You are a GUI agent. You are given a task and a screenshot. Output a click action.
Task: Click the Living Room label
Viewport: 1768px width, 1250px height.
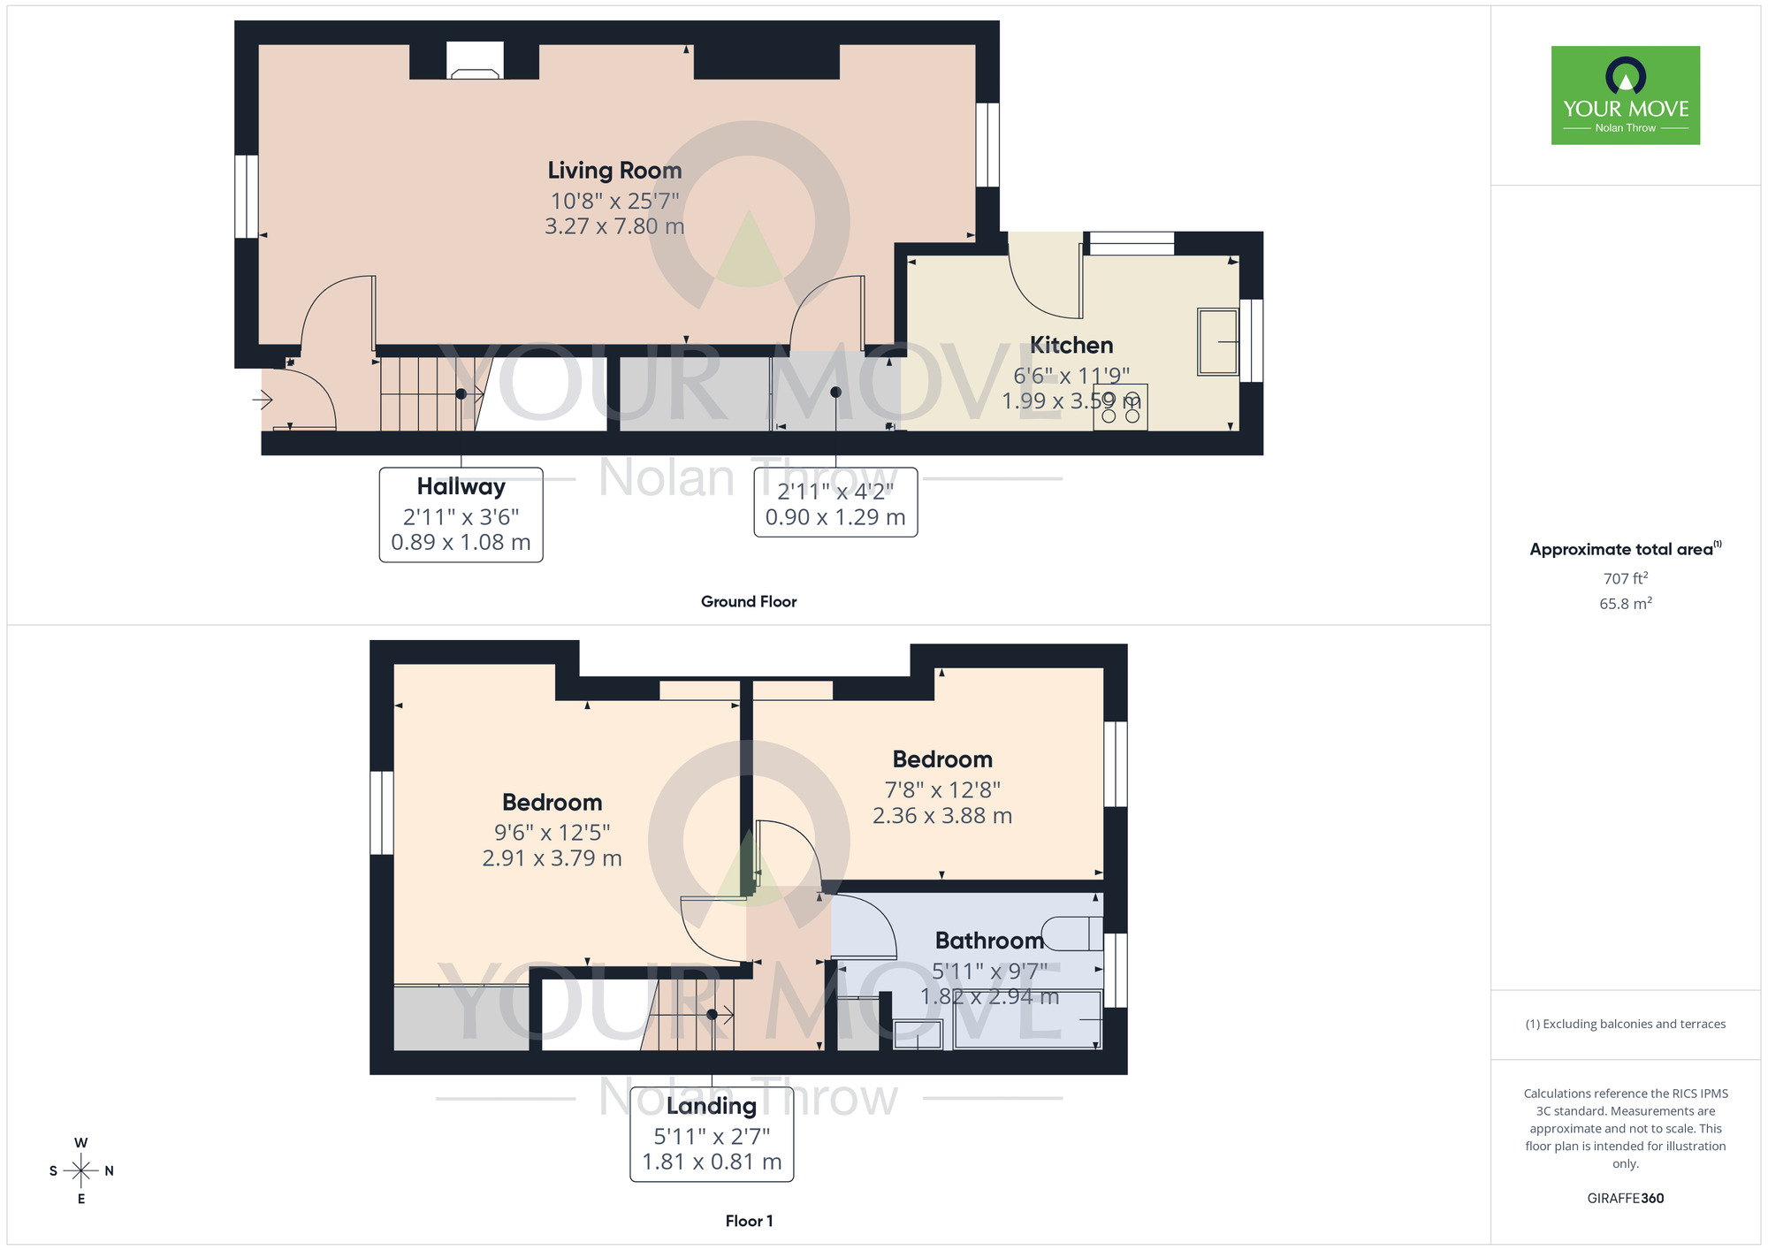[614, 171]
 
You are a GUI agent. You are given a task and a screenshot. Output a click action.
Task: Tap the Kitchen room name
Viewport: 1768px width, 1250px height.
[1071, 346]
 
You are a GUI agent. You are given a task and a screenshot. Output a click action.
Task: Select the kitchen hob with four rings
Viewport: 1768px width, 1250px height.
[1120, 408]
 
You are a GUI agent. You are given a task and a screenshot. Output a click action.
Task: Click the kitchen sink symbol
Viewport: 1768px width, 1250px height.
[1217, 341]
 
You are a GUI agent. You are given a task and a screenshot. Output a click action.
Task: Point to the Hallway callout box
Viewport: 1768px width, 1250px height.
[461, 514]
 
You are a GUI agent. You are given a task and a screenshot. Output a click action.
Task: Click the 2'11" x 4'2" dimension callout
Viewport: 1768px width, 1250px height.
[835, 503]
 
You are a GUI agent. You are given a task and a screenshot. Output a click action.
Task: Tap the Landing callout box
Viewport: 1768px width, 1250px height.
[712, 1134]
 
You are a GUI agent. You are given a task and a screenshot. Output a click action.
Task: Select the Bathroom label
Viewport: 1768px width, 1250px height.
[989, 941]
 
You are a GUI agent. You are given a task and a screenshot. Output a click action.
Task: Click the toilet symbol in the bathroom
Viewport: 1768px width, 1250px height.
[1071, 934]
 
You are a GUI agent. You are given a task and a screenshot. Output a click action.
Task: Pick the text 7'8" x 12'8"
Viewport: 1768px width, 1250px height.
[942, 789]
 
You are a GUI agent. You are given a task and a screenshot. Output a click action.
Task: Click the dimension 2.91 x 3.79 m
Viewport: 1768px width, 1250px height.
[552, 858]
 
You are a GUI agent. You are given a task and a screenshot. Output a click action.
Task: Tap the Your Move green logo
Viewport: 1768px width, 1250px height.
[1625, 95]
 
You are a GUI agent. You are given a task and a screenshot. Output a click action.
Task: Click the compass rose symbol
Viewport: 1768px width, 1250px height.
[81, 1171]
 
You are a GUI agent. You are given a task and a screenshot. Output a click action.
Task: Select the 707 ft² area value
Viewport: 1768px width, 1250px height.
[1625, 578]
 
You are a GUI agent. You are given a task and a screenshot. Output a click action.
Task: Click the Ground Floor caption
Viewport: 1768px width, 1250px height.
[748, 601]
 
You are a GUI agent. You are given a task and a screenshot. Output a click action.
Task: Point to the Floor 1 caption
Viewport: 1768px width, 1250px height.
[748, 1221]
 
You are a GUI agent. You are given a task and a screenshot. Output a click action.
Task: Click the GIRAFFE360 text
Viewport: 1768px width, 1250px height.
[1625, 1199]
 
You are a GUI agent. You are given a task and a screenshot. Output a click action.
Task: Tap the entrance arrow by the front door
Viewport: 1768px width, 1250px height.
[263, 400]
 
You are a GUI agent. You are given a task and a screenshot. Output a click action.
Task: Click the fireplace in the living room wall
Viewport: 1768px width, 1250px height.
[475, 62]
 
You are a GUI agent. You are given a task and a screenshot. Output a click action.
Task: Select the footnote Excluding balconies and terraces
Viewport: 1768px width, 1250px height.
[1625, 1024]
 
